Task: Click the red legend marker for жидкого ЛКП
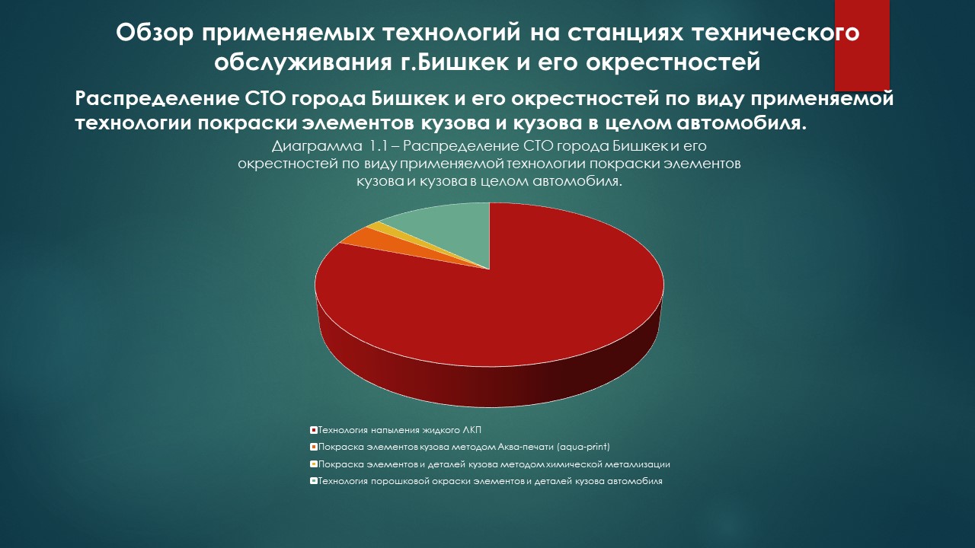(x=313, y=431)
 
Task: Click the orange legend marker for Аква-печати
(x=313, y=447)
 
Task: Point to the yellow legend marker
(x=313, y=464)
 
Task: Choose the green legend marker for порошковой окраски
(x=313, y=482)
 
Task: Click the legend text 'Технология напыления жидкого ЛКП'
(x=400, y=431)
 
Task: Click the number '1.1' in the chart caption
(x=378, y=146)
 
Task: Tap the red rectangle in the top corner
(x=862, y=45)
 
